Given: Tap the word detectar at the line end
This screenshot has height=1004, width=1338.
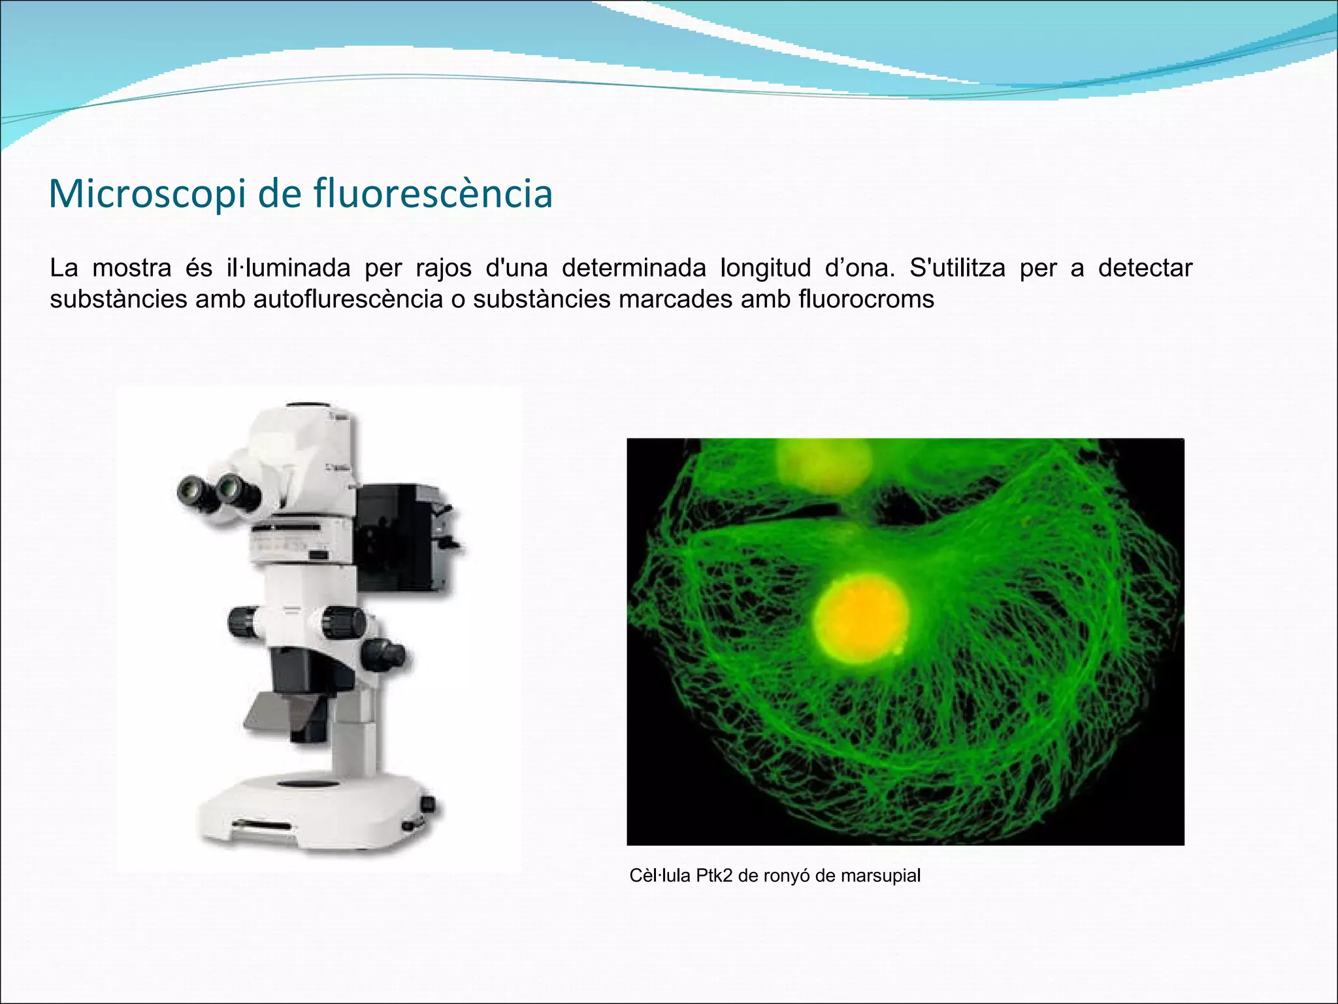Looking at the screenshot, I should pyautogui.click(x=1145, y=268).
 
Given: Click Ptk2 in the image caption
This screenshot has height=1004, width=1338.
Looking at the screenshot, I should pyautogui.click(x=714, y=876).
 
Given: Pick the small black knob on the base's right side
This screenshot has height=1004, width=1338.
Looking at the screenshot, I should pyautogui.click(x=429, y=803).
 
